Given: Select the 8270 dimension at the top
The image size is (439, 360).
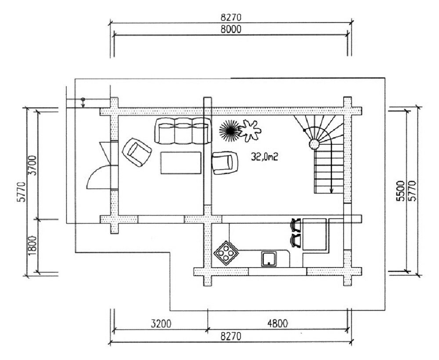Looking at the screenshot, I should pyautogui.click(x=231, y=18).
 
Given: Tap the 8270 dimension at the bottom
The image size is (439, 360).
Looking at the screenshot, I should pyautogui.click(x=231, y=336).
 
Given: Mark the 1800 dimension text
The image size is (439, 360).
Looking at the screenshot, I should pyautogui.click(x=32, y=246).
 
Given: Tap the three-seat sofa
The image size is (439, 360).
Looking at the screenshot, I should pyautogui.click(x=183, y=131).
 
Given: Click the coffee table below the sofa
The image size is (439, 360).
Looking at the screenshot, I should pyautogui.click(x=181, y=162).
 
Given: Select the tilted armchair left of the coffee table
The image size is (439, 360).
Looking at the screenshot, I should pyautogui.click(x=137, y=152).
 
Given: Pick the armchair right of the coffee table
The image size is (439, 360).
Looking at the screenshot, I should pyautogui.click(x=224, y=162).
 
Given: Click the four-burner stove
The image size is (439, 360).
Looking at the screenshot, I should pyautogui.click(x=226, y=252).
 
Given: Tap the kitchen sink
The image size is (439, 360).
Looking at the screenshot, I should pyautogui.click(x=268, y=259).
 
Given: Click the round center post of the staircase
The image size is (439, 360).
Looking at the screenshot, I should pyautogui.click(x=314, y=144).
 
